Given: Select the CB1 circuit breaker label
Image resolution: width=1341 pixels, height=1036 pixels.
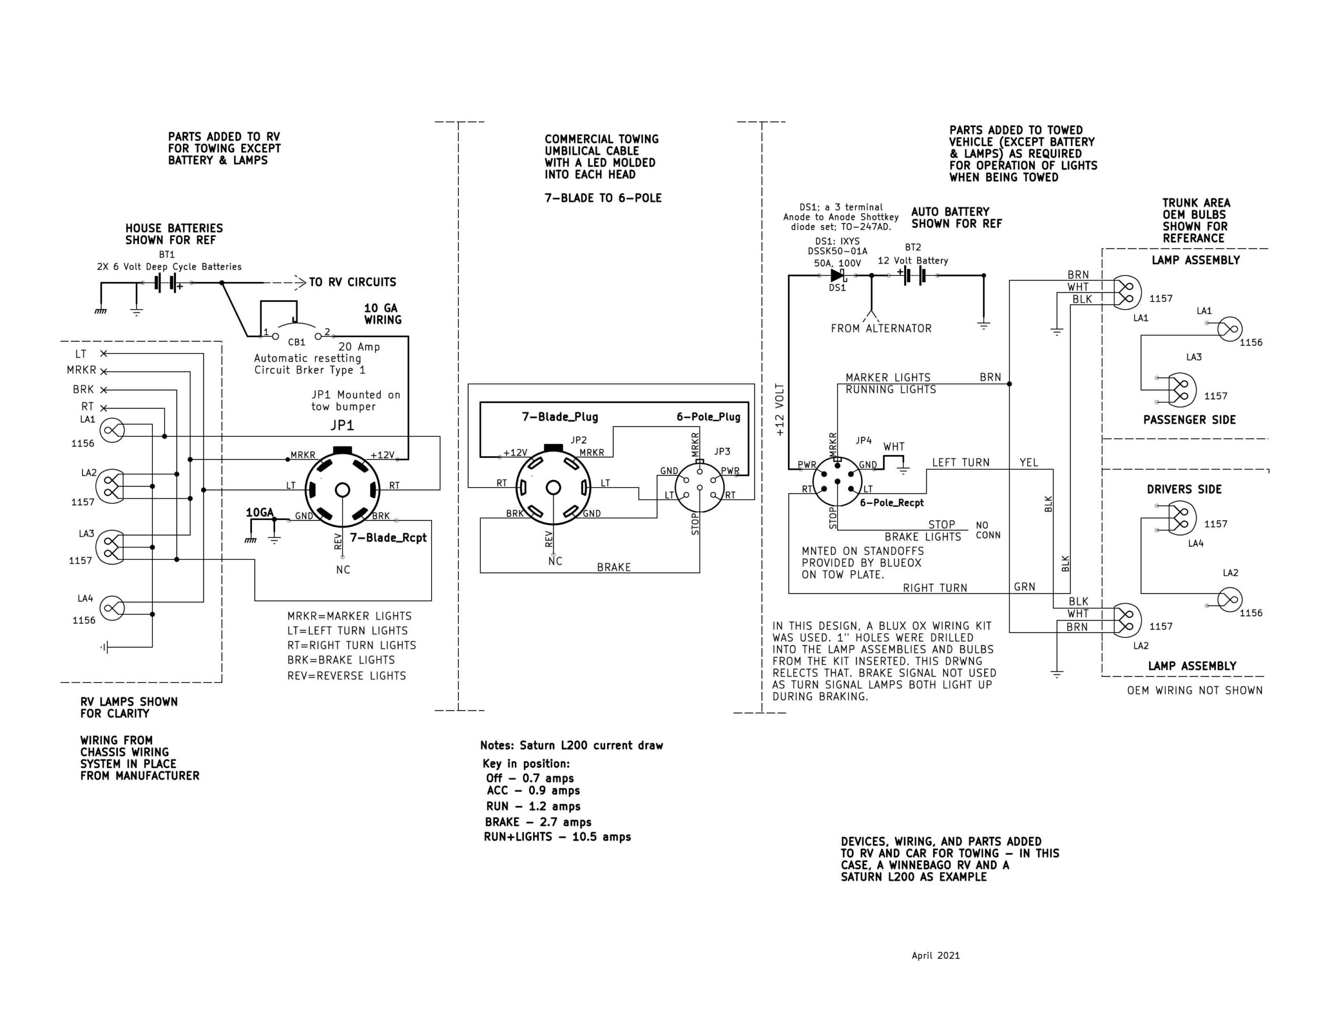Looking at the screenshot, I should (x=296, y=343).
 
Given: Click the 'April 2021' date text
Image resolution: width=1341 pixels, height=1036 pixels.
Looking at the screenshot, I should (x=935, y=955).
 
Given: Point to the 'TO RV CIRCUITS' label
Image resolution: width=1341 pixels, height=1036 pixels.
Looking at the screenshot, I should (x=353, y=282).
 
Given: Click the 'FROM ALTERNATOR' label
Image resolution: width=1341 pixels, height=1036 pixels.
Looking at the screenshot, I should (x=881, y=328).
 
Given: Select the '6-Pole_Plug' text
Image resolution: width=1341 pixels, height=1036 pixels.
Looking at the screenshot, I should (x=708, y=417).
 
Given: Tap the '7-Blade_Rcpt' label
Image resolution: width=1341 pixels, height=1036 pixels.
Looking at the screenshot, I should (x=388, y=538).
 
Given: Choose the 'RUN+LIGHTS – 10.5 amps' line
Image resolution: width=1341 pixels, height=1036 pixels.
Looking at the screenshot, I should (x=557, y=837).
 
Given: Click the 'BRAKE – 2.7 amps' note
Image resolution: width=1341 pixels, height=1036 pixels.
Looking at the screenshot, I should (x=538, y=822).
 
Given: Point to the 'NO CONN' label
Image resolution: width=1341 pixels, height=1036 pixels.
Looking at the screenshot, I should (x=988, y=530).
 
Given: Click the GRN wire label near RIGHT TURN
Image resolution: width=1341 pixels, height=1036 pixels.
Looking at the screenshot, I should (x=1025, y=587).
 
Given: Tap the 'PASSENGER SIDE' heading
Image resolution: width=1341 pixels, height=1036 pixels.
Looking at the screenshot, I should (x=1189, y=420).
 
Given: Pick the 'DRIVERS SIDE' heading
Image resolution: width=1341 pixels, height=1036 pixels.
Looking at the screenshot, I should (x=1184, y=489).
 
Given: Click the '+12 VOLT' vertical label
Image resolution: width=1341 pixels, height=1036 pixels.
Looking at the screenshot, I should (x=780, y=410).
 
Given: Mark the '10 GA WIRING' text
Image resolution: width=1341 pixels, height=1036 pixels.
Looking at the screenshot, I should (x=382, y=314).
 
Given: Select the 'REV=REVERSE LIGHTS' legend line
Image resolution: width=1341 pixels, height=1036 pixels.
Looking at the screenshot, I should (x=346, y=676).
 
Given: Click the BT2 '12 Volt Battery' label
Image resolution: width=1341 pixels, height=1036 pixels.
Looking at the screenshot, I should (x=913, y=260).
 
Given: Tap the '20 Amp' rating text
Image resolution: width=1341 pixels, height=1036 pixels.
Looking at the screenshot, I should (x=359, y=347).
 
